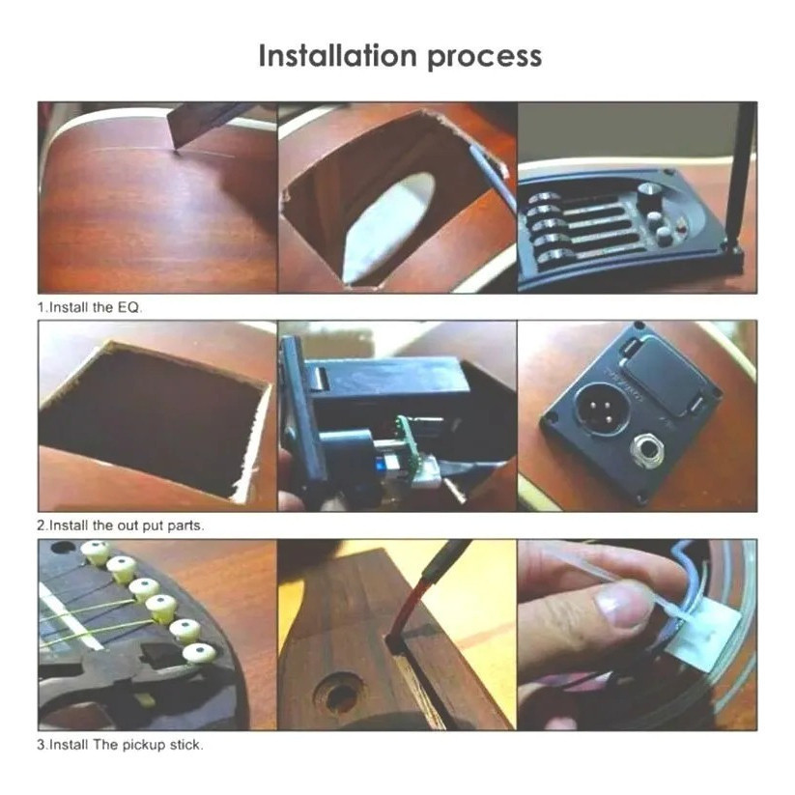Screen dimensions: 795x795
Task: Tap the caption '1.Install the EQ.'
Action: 90,307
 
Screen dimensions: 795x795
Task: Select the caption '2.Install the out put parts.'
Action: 121,525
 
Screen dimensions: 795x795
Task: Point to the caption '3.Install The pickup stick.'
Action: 120,745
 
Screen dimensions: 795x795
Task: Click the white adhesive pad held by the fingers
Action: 701,638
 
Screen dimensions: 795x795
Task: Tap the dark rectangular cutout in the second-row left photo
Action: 152,415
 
